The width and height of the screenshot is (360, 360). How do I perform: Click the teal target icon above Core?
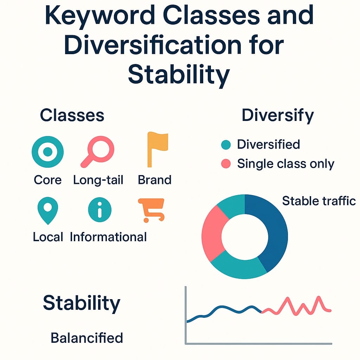tap(48, 152)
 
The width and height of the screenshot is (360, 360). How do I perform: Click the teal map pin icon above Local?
tap(47, 210)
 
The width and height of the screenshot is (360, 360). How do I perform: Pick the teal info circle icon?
tap(99, 210)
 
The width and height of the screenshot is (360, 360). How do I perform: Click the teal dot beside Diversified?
tap(226, 144)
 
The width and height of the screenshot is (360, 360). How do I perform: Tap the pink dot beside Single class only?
tap(226, 163)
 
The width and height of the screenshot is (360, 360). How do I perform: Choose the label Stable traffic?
tap(319, 201)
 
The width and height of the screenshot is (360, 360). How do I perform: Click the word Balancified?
tap(87, 338)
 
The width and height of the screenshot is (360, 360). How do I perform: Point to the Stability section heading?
tap(82, 303)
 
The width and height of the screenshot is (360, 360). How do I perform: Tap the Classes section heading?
tap(72, 115)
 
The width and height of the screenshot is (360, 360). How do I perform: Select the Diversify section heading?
tap(278, 115)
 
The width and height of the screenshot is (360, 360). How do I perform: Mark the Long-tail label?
tap(98, 180)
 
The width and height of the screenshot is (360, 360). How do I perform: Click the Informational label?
tap(108, 237)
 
